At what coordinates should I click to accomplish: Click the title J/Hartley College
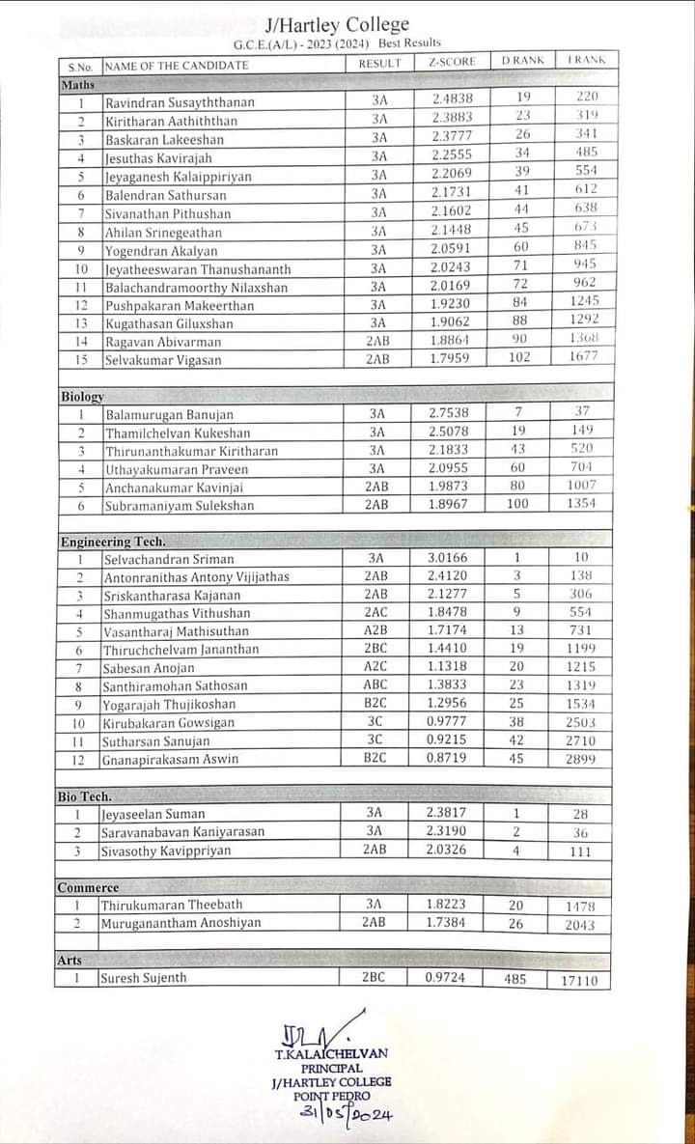337,24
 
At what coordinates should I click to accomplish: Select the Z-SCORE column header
451,63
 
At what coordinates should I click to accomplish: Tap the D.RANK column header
522,61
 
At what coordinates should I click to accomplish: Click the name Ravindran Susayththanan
180,102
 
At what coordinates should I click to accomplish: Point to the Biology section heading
82,397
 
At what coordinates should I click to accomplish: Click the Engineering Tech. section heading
113,542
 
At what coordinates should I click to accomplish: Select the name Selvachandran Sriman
169,560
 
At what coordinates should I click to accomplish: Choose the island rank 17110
579,981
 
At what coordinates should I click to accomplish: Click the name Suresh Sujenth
144,979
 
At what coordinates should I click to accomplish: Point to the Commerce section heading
88,887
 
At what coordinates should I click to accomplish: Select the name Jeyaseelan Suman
153,815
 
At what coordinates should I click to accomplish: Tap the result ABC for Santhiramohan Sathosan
375,685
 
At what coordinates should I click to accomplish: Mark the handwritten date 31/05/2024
347,1115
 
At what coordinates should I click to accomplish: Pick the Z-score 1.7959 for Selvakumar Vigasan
449,359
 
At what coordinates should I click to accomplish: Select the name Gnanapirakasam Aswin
171,760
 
